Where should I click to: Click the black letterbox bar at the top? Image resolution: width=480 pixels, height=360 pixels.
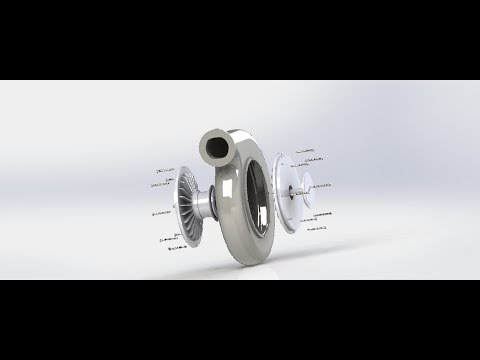click(240, 40)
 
